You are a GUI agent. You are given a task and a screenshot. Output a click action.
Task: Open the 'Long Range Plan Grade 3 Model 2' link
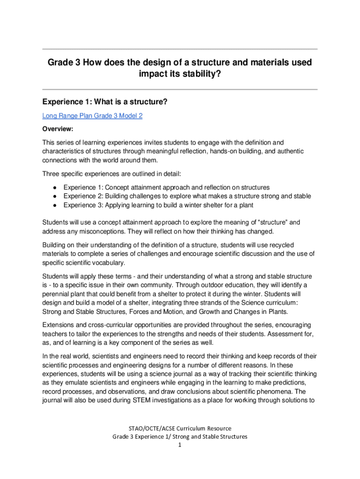92,116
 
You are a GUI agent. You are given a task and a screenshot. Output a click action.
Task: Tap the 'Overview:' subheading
58,129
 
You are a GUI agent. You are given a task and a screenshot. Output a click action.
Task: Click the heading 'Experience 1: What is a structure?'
105,102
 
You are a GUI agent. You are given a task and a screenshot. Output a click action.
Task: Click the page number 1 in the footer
180,445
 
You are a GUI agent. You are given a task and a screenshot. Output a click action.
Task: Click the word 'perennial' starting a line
56,294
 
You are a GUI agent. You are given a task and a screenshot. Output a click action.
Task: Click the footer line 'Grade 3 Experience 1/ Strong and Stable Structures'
180,436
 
